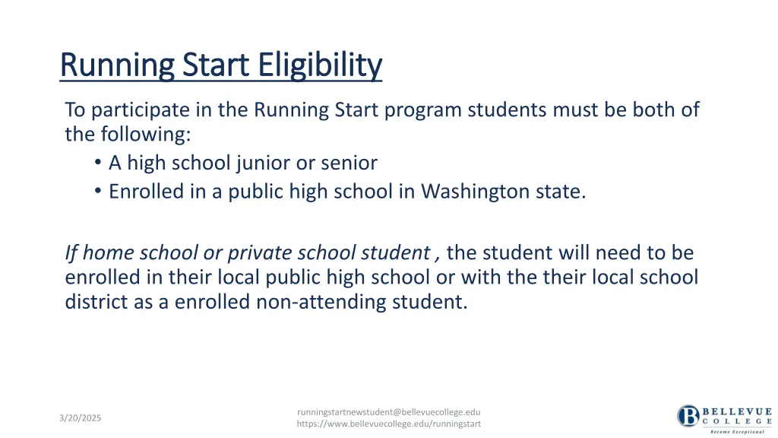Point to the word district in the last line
pyautogui.click(x=93, y=302)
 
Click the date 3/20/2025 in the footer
pyautogui.click(x=81, y=418)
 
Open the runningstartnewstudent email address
pyautogui.click(x=388, y=412)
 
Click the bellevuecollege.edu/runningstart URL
pyautogui.click(x=388, y=424)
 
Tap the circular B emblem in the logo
pyautogui.click(x=688, y=416)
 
